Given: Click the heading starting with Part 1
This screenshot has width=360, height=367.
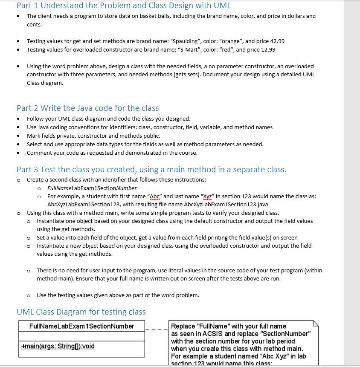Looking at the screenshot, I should tap(124, 6).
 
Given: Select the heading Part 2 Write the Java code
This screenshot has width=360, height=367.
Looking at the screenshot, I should tap(87, 108).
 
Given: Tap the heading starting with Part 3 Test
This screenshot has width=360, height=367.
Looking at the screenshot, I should tap(151, 169).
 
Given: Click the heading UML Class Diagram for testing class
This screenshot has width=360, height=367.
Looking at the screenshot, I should tap(81, 312).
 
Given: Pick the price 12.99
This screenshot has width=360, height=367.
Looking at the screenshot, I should tap(267, 50).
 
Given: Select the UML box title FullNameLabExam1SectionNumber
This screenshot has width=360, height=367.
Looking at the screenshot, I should tap(81, 326).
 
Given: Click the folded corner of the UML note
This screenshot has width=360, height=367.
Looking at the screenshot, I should tap(316, 324).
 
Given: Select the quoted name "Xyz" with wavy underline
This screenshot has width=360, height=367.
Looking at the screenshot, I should tap(207, 196).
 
